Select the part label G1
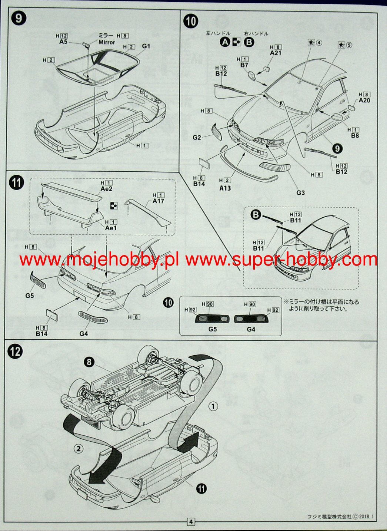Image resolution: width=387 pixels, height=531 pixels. pos(146,46)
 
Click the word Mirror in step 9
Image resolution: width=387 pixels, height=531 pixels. pos(107,42)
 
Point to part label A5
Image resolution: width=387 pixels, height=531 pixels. pos(63,42)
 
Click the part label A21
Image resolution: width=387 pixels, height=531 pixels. pos(276,53)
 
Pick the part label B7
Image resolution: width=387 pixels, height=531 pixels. pos(244,65)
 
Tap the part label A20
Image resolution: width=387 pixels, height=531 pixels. pos(364,100)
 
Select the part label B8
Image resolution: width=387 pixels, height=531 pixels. pos(354,136)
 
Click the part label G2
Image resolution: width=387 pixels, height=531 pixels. pos(197,138)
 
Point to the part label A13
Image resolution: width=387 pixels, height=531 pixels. pos(225,188)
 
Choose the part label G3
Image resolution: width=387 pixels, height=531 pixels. pos(300,192)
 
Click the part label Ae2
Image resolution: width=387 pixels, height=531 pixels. pos(108,189)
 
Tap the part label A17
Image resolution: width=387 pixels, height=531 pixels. pos(158,201)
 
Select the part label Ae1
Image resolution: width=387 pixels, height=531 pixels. pos(111,228)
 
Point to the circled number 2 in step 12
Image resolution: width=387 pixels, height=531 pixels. pos(78,449)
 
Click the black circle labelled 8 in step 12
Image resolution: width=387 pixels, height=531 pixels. pos(89,361)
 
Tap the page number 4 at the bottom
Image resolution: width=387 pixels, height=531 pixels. pos(191,522)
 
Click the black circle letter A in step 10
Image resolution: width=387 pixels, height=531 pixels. pos(225,42)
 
